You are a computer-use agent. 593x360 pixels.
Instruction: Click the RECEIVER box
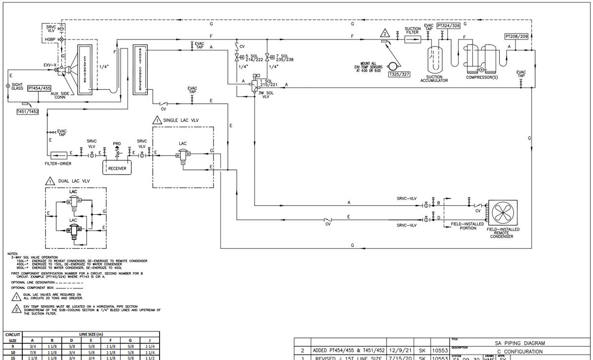click(x=117, y=168)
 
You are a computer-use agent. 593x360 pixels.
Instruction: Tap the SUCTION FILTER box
click(x=412, y=39)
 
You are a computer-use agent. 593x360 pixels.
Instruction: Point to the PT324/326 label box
click(x=448, y=25)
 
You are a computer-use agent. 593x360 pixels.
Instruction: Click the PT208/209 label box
click(x=516, y=37)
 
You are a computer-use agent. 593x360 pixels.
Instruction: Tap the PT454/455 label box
click(x=40, y=88)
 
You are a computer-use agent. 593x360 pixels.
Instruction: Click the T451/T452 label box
click(x=27, y=112)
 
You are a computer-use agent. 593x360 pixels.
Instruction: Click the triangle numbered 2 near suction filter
click(x=384, y=34)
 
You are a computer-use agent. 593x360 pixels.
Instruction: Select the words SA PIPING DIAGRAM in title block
click(x=520, y=343)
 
